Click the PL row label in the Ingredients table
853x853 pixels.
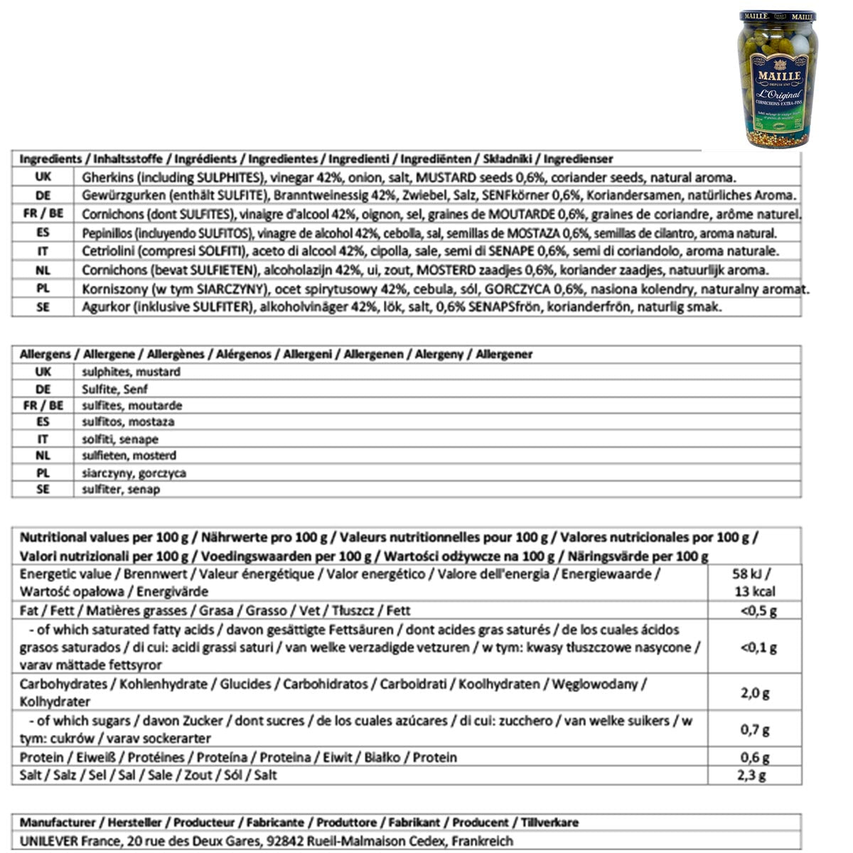43,289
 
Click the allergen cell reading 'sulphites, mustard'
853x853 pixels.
131,372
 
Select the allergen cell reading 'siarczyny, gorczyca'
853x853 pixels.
134,473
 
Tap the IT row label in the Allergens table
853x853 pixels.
43,439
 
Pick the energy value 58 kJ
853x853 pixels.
754,574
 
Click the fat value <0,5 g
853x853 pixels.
758,611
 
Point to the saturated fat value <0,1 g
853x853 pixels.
758,648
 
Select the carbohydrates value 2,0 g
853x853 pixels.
755,693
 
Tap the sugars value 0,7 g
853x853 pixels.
755,730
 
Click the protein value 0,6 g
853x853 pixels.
755,758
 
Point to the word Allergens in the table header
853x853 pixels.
45,354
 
